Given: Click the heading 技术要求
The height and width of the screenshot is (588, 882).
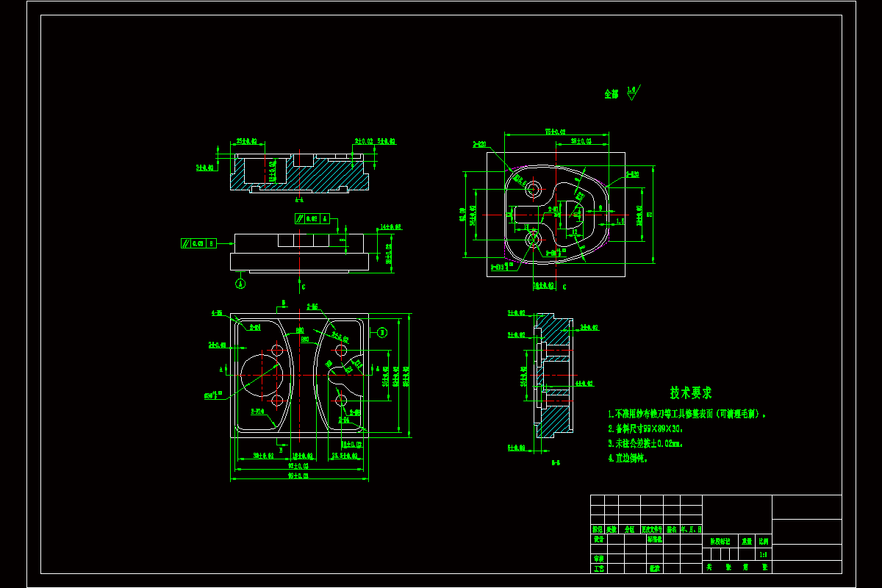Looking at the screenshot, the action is click(x=690, y=393).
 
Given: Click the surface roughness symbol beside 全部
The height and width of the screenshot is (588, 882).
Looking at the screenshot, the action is click(x=633, y=93).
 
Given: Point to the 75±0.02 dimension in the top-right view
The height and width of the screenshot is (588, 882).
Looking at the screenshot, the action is click(x=555, y=132).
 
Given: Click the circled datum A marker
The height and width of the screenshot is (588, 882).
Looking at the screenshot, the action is click(x=240, y=282).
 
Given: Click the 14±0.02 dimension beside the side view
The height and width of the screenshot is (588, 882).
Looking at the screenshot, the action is click(x=390, y=227).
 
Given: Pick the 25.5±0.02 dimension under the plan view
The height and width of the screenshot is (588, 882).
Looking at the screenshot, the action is click(x=344, y=456).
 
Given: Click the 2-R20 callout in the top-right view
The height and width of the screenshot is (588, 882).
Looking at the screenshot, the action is click(x=479, y=145).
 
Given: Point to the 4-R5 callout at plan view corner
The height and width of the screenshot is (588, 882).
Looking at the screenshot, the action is click(x=217, y=313).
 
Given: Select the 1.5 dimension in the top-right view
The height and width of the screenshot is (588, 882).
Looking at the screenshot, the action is click(x=620, y=220).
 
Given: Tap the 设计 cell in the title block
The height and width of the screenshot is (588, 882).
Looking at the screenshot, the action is click(x=598, y=539).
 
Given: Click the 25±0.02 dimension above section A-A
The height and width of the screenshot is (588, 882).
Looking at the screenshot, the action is click(x=245, y=140).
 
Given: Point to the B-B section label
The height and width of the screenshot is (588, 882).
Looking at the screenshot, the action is click(x=557, y=463).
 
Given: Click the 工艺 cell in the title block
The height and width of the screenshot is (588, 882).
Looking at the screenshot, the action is click(x=598, y=568).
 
